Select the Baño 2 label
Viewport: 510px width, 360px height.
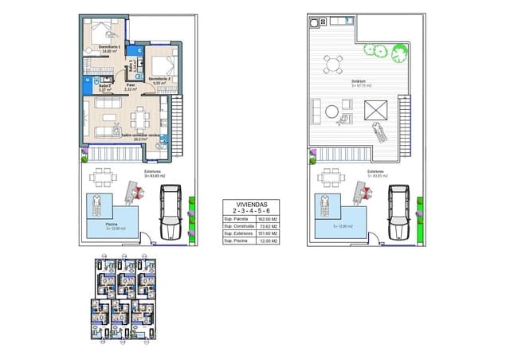click(92, 86)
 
